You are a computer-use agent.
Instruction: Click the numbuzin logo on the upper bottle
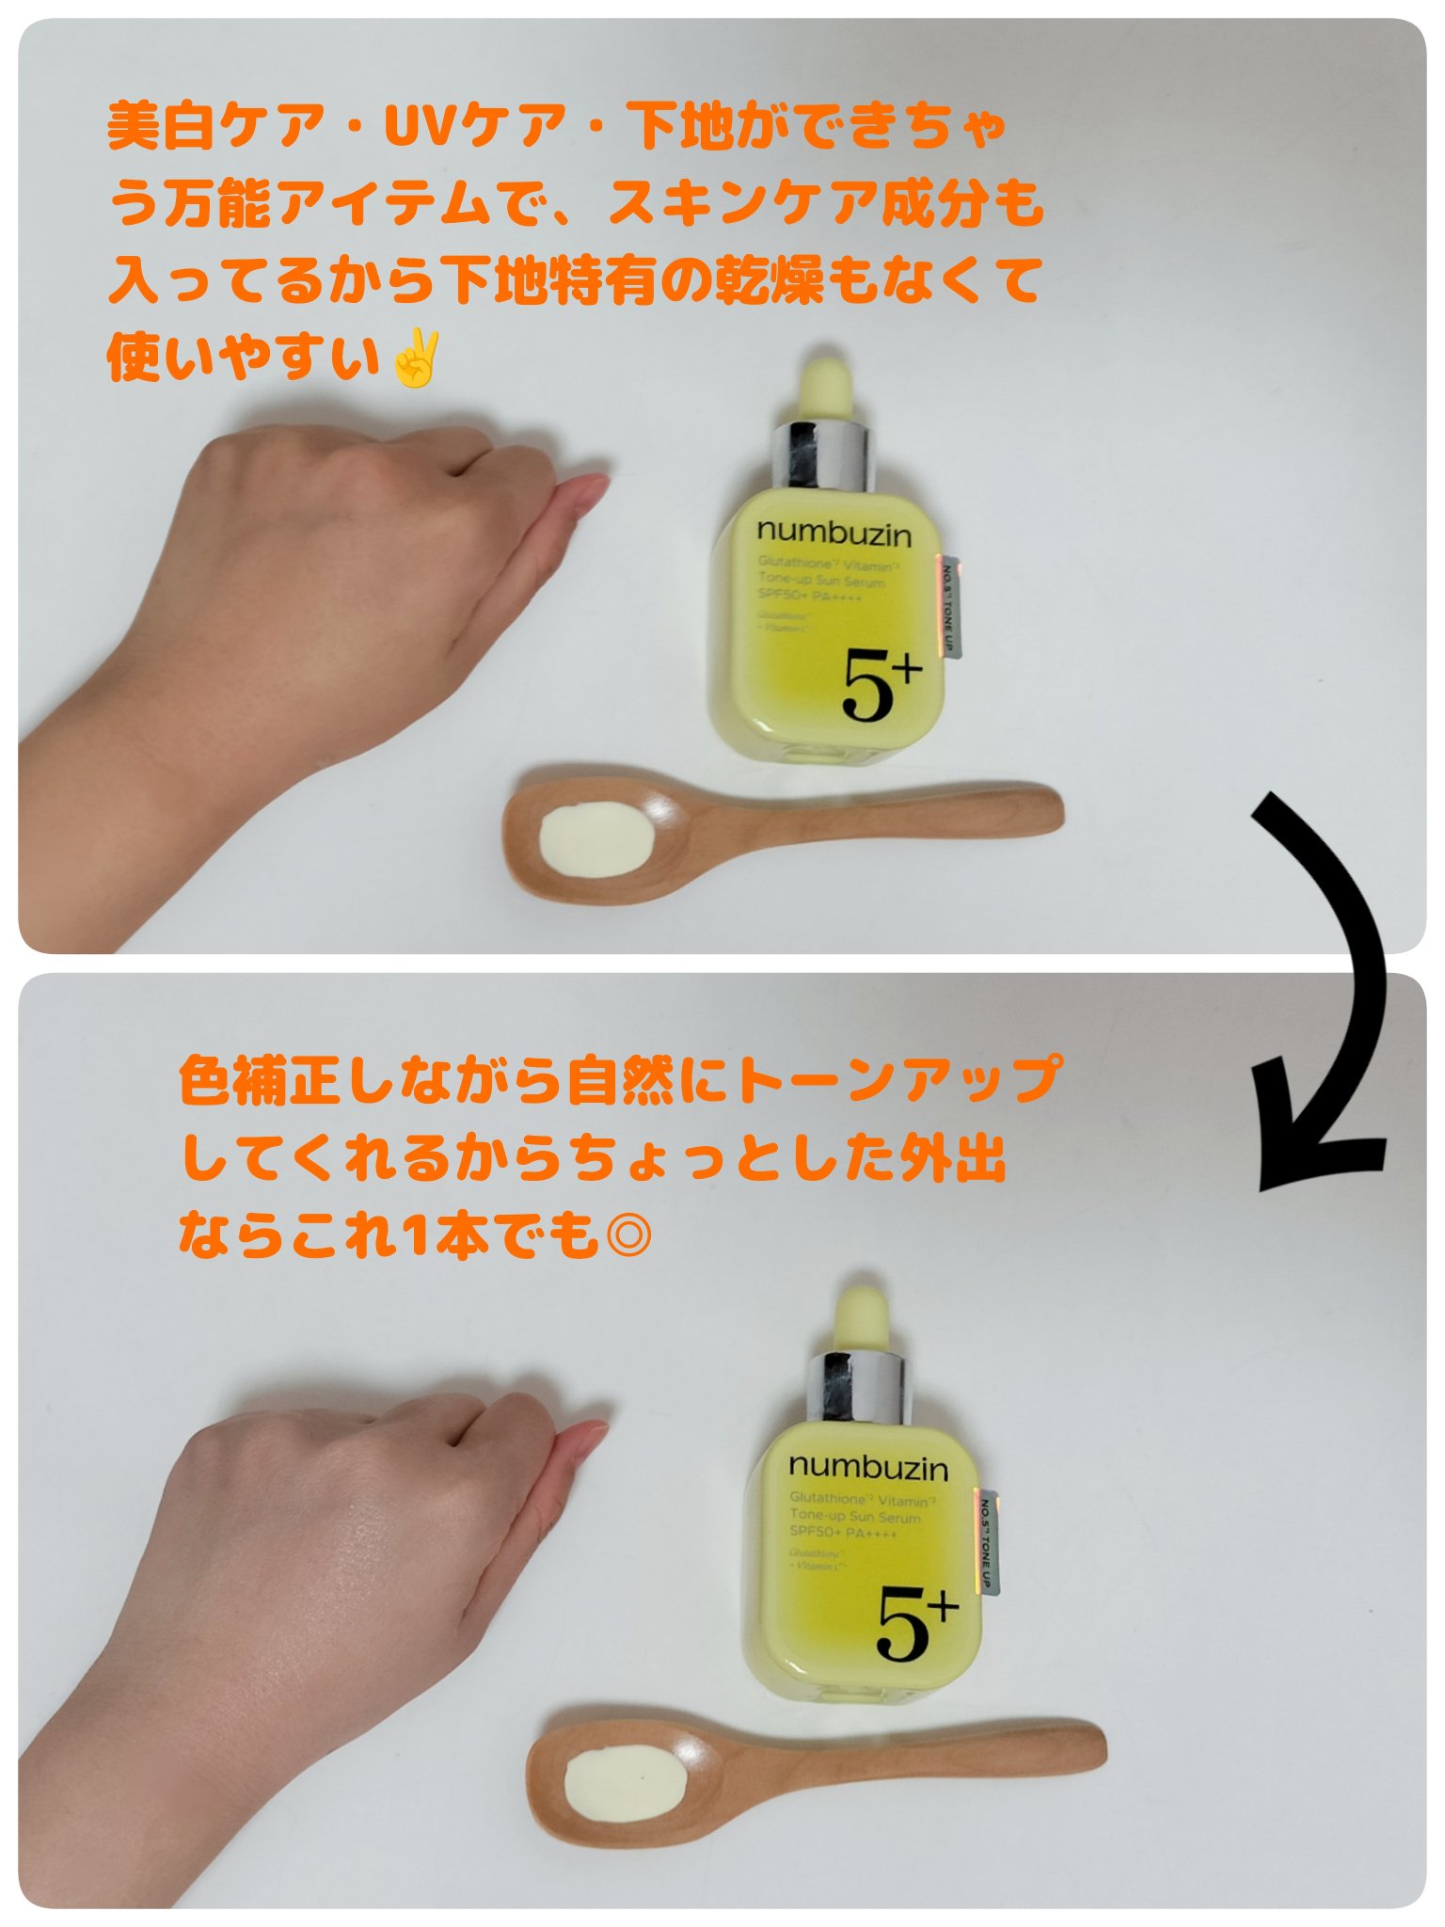[x=834, y=534]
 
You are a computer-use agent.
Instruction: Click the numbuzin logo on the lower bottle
[x=868, y=1467]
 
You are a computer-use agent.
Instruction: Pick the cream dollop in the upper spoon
[x=595, y=836]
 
